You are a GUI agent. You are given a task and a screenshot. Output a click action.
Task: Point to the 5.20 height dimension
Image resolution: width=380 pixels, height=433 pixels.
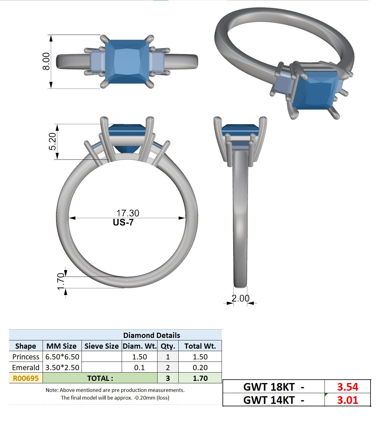(x=52, y=141)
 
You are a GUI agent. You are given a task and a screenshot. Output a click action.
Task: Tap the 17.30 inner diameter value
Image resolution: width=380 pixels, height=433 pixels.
(x=127, y=213)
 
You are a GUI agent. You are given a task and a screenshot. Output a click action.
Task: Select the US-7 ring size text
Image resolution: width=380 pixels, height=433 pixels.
(x=123, y=222)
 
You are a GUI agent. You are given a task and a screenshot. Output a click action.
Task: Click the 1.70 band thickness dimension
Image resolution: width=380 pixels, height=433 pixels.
(x=61, y=281)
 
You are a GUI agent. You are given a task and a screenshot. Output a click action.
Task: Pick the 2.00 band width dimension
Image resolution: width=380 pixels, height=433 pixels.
(x=240, y=298)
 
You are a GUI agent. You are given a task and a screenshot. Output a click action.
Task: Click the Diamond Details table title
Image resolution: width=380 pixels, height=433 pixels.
(x=151, y=335)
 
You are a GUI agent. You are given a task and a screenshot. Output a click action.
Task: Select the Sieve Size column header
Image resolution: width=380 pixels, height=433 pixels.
(x=101, y=346)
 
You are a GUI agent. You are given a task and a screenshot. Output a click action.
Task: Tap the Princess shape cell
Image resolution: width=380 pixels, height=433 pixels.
(x=26, y=357)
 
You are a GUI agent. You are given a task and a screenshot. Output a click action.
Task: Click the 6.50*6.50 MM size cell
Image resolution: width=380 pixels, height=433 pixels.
(x=62, y=357)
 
